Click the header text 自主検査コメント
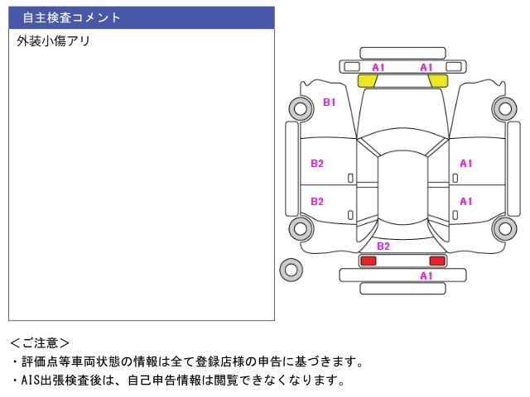tap(72, 17)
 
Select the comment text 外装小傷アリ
tap(53, 41)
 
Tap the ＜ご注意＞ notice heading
tap(41, 342)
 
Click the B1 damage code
tap(329, 103)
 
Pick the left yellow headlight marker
tap(367, 81)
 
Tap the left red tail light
tap(367, 261)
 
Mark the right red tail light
tap(436, 261)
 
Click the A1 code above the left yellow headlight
tap(378, 67)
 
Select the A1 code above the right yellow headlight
tap(426, 67)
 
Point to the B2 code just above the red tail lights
tap(383, 246)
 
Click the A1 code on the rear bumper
tap(426, 275)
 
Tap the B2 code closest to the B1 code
tap(317, 163)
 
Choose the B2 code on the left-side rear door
tap(317, 201)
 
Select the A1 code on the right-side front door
tap(466, 163)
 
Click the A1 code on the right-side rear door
tap(466, 201)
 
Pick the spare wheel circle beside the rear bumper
tap(291, 268)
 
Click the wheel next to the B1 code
tap(299, 108)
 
